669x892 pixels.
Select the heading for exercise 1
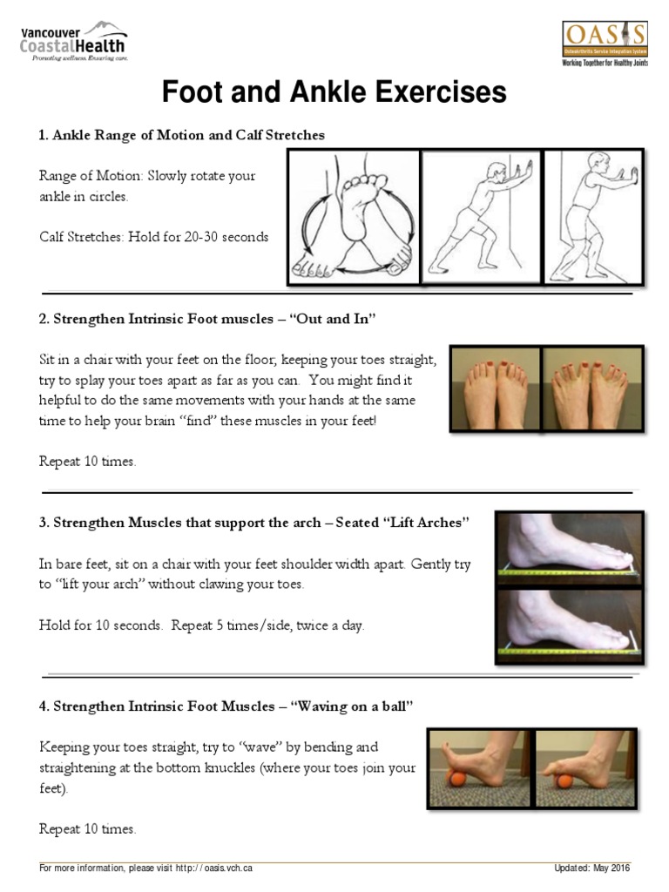pos(181,135)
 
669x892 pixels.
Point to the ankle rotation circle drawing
pos(354,218)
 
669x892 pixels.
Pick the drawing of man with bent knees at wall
pos(594,218)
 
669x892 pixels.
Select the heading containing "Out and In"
pos(206,319)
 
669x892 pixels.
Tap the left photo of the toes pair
pos(496,388)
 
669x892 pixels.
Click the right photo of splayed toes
pos(593,388)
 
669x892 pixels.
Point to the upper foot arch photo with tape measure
pos(570,546)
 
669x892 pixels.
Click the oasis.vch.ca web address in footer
pos(214,868)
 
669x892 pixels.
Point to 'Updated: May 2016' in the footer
pos(592,868)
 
